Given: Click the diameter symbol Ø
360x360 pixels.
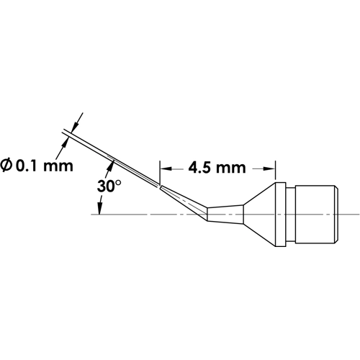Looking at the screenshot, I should click(10, 166).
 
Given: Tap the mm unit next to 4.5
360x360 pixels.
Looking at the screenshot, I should click(234, 168).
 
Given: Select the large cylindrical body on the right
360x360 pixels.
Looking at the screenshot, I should click(313, 213).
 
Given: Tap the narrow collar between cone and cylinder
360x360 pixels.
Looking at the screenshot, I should click(286, 213).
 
